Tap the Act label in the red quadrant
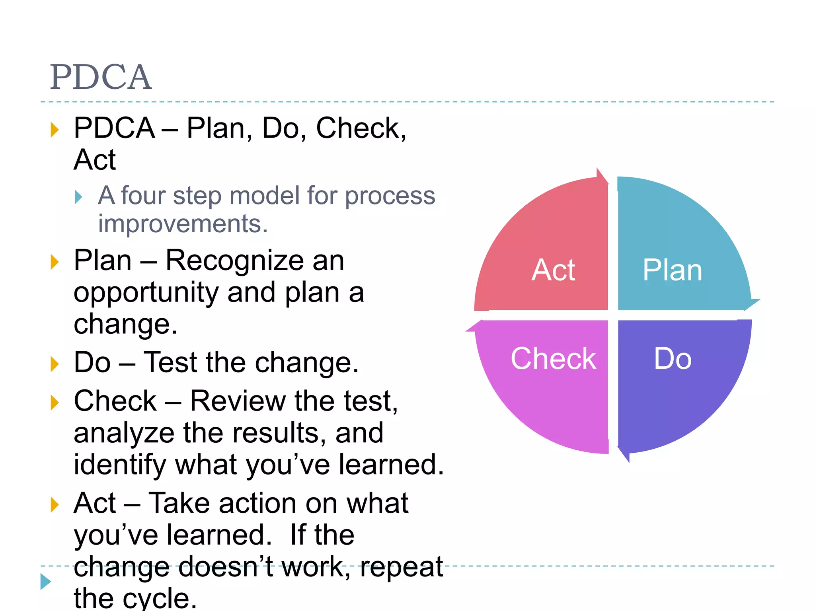tap(553, 270)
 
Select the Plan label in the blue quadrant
tap(672, 270)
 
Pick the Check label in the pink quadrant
tap(553, 358)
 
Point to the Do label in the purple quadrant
tap(673, 358)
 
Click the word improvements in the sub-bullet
tap(183, 224)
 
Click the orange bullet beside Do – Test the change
tap(55, 364)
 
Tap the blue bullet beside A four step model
tap(78, 197)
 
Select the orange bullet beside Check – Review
tap(55, 402)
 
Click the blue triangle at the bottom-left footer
tap(46, 582)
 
